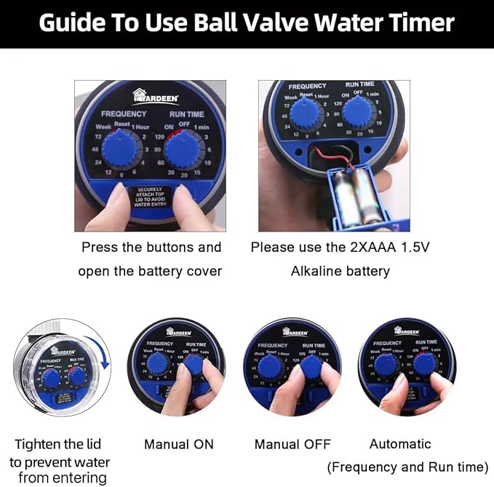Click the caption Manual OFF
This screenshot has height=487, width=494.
click(x=292, y=444)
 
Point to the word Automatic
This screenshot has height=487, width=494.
click(x=400, y=444)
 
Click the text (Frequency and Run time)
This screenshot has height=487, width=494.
click(x=407, y=467)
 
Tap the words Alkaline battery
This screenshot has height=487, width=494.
click(x=340, y=271)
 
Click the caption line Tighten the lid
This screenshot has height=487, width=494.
click(x=58, y=444)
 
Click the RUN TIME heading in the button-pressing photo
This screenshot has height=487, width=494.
click(x=187, y=114)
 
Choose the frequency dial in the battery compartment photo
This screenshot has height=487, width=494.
click(x=306, y=115)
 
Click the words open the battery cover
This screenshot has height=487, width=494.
click(x=150, y=271)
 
